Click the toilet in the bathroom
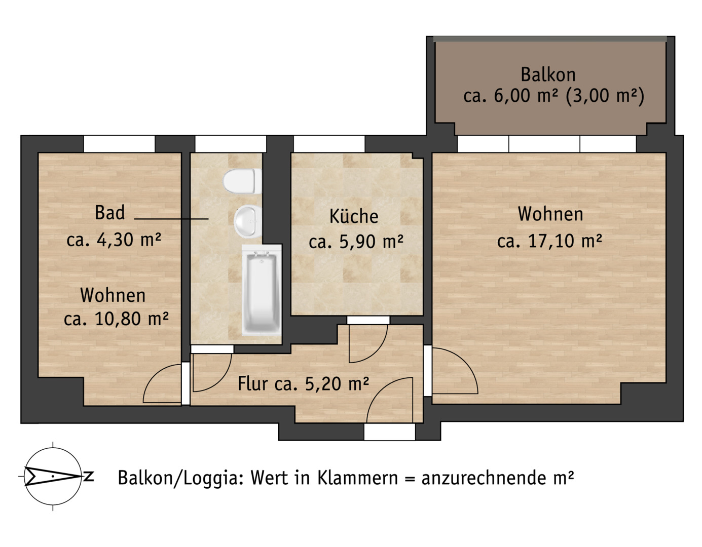coord(242,181)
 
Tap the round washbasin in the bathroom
coord(248,221)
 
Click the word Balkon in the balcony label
coord(548,74)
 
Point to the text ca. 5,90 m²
coord(356,242)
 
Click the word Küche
coord(354,216)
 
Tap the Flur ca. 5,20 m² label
coord(303,384)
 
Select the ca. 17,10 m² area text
coord(549,241)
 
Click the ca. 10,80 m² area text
coord(116,319)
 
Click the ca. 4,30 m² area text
coord(114,240)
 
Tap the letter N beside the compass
coord(89,476)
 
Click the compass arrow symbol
coord(53,476)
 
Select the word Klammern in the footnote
coord(358,478)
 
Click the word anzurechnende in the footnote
coord(484,479)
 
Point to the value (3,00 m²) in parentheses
coord(605,96)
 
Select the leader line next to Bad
coord(171,219)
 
